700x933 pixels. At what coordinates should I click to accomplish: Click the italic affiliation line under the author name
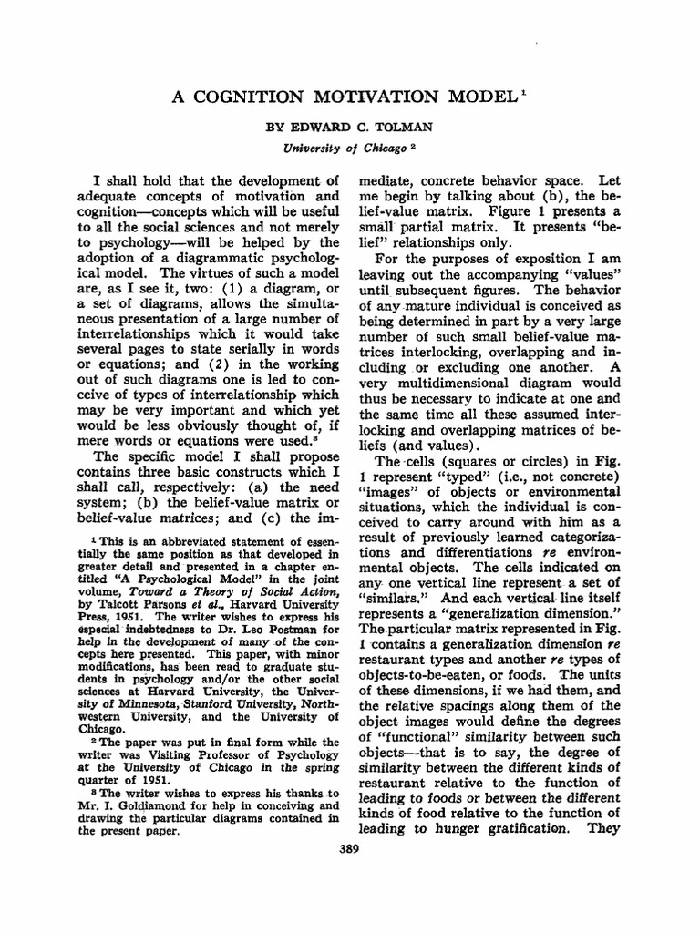click(x=349, y=146)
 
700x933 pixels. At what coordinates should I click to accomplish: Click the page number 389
click(x=349, y=849)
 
